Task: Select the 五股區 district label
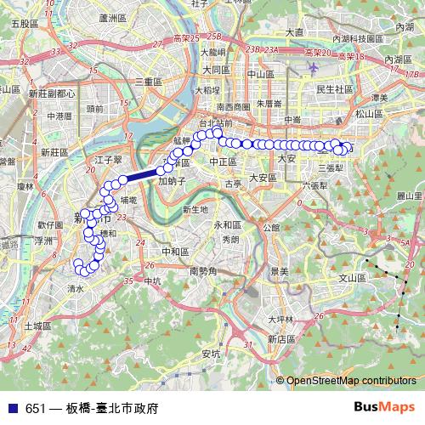click(25, 25)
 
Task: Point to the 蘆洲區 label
click(112, 17)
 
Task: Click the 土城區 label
click(37, 326)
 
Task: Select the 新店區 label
click(280, 337)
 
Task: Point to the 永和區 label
click(227, 224)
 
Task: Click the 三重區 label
click(147, 82)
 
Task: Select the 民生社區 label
click(334, 89)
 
